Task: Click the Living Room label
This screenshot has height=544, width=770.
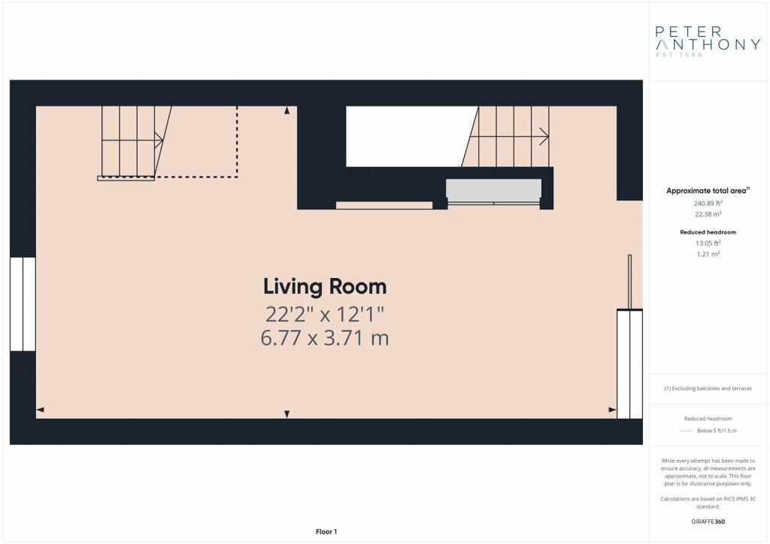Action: point(325,286)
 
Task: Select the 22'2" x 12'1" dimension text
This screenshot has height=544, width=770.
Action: point(325,314)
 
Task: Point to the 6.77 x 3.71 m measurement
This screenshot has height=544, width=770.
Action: point(325,338)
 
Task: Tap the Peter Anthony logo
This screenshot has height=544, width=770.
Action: point(708,41)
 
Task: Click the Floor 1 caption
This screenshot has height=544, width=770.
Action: point(326,532)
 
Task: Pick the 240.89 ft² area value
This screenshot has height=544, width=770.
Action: point(708,203)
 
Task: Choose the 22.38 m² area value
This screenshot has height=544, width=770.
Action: point(708,214)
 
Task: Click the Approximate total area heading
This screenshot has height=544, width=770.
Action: point(708,191)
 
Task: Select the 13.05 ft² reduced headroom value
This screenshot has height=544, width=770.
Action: point(708,243)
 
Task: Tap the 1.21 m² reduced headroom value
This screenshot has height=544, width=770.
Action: point(708,254)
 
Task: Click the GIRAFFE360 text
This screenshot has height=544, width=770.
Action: point(708,521)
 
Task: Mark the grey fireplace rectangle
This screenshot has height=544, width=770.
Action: point(493,190)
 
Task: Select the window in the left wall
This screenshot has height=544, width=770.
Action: point(23,304)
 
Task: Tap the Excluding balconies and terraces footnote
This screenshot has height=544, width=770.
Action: point(708,388)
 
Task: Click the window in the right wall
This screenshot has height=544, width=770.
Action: point(629,364)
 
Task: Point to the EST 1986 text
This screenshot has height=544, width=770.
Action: point(679,54)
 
